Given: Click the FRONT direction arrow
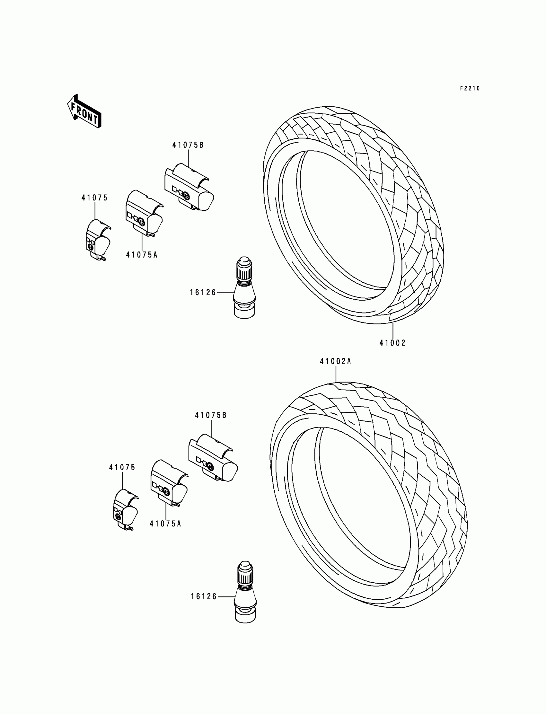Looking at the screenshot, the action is pyautogui.click(x=84, y=111).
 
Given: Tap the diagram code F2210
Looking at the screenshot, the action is pyautogui.click(x=470, y=88).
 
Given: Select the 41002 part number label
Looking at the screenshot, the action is pyautogui.click(x=392, y=343).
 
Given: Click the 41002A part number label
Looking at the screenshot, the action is pyautogui.click(x=335, y=361).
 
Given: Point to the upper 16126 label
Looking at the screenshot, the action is pyautogui.click(x=203, y=293).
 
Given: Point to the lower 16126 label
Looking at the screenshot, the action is pyautogui.click(x=203, y=597).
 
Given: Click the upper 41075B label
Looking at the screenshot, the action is pyautogui.click(x=188, y=145).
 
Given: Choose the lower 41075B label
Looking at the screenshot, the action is pyautogui.click(x=211, y=415).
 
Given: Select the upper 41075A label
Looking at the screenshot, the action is pyautogui.click(x=142, y=255).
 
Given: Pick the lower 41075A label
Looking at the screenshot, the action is pyautogui.click(x=165, y=524).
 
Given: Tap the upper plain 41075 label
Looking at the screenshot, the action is pyautogui.click(x=94, y=198).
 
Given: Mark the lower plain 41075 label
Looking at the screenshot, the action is pyautogui.click(x=122, y=468).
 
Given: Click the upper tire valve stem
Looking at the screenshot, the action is pyautogui.click(x=244, y=288).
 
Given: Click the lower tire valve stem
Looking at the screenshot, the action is pyautogui.click(x=245, y=592).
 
